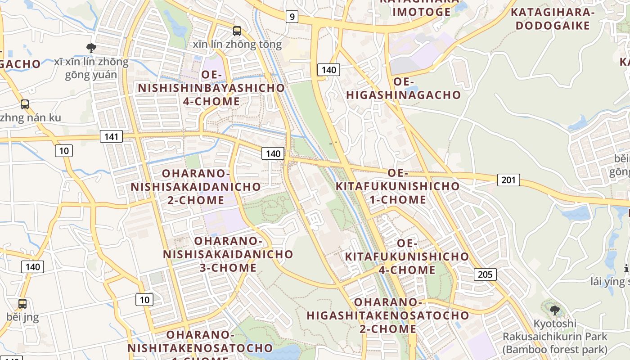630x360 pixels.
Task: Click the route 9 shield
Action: tap(292, 17)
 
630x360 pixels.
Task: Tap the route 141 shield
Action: tap(111, 136)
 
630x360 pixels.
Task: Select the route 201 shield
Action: tap(508, 180)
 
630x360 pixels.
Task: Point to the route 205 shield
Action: tap(485, 274)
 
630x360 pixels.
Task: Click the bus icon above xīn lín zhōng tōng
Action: tap(237, 31)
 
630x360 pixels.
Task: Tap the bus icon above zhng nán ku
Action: tap(25, 104)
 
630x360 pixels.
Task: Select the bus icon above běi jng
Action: tap(22, 304)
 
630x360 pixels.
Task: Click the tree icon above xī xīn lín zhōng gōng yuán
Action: tap(91, 48)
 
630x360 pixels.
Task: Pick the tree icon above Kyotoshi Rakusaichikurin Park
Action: tap(555, 310)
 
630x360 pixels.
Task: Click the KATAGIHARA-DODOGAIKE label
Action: tap(553, 19)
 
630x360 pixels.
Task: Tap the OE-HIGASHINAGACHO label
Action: tap(404, 88)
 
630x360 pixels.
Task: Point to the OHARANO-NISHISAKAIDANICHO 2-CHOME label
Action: tap(196, 186)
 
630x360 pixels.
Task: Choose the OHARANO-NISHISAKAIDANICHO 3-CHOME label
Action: tap(228, 254)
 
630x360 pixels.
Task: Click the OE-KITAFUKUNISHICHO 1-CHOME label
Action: tap(398, 186)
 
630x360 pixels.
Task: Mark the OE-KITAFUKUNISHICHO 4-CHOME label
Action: tap(407, 256)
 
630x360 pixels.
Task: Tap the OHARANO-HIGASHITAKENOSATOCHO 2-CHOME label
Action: tap(388, 315)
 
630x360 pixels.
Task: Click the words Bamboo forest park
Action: tap(555, 349)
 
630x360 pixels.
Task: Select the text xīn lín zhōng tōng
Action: tap(237, 45)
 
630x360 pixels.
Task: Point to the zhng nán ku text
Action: tap(30, 118)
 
